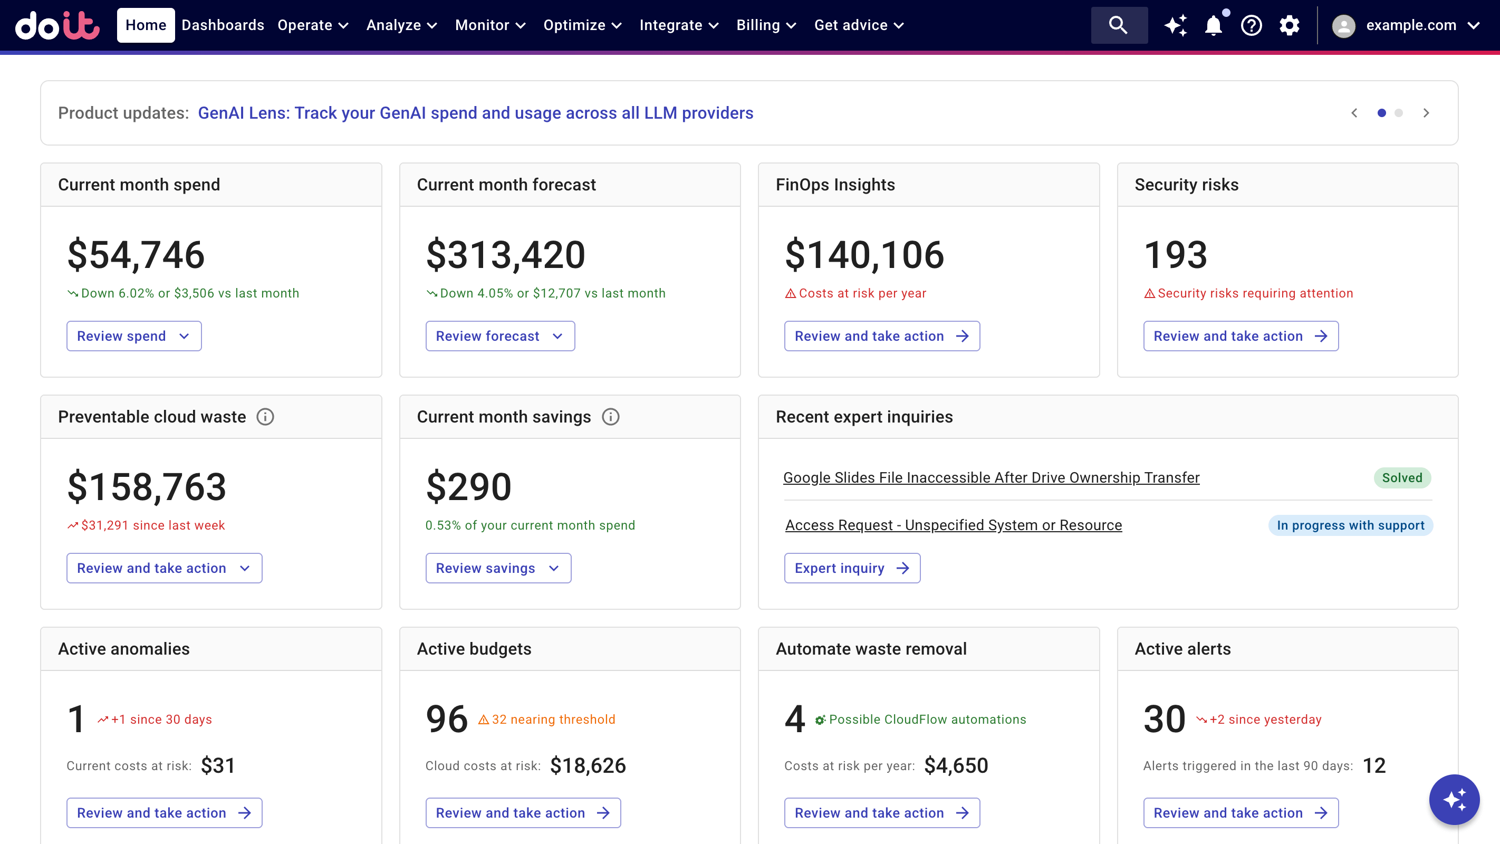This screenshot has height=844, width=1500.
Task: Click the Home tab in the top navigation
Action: [x=146, y=25]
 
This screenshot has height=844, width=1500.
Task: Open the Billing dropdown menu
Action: [x=766, y=25]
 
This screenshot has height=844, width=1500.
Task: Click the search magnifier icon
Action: [x=1118, y=25]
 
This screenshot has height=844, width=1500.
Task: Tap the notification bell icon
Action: [x=1214, y=25]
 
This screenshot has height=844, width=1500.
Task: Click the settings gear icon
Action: [x=1289, y=25]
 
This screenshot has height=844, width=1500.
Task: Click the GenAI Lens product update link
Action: [x=475, y=113]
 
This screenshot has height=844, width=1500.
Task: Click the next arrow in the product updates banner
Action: [x=1426, y=113]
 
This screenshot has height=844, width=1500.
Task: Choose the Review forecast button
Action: [x=499, y=336]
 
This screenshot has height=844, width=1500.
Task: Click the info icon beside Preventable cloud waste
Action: [x=265, y=417]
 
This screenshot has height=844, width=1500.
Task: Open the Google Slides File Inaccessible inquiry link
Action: [x=991, y=477]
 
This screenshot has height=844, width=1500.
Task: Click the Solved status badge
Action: [x=1401, y=477]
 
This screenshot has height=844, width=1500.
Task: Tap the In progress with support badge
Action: [x=1350, y=525]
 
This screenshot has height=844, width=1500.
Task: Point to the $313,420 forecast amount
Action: [x=505, y=255]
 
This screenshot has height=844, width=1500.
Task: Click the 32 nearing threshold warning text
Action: [x=553, y=720]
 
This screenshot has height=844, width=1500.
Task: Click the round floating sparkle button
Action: [x=1454, y=799]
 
